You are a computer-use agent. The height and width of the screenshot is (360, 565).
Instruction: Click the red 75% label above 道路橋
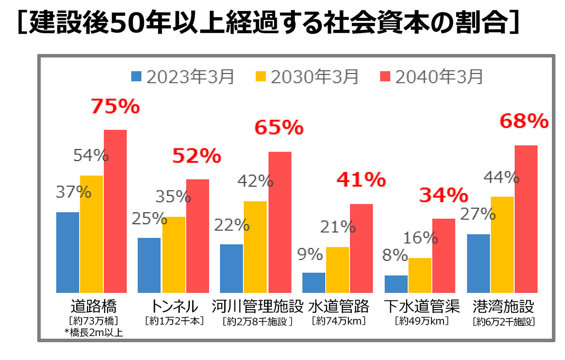pos(115,107)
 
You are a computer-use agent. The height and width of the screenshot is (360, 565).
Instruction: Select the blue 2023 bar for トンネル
pos(149,265)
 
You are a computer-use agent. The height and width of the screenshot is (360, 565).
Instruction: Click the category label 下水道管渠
pos(422,306)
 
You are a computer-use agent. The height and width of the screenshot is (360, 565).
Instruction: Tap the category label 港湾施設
pos(503,306)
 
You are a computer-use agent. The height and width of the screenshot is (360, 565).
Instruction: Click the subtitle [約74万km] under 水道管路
pos(339,321)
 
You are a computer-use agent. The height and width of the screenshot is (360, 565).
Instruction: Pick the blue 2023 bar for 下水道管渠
pos(396,284)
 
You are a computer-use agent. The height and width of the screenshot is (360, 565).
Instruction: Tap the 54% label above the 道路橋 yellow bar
pos(90,155)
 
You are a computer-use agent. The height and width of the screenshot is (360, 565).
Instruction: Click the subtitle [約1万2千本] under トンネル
pos(174,321)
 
